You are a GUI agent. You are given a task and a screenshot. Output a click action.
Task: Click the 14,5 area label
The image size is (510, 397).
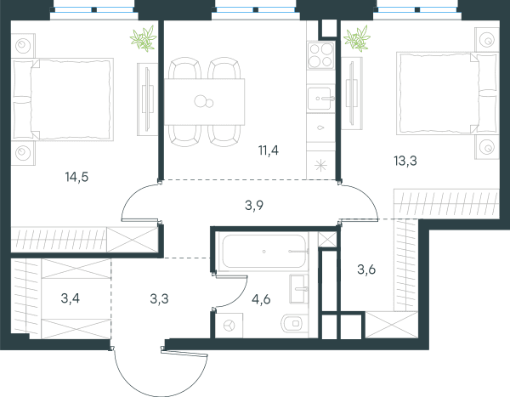pyautogui.click(x=76, y=178)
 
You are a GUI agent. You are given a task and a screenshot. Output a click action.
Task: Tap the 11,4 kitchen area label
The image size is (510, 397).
pyautogui.click(x=269, y=150)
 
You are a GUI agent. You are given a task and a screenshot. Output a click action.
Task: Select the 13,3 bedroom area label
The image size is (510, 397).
pyautogui.click(x=405, y=161)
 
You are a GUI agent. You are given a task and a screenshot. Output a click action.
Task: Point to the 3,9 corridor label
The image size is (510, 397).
pyautogui.click(x=254, y=206)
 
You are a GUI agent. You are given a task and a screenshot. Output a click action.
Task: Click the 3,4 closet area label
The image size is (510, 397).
pyautogui.click(x=71, y=298)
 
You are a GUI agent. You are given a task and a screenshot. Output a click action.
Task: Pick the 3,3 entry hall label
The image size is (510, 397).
pyautogui.click(x=160, y=298)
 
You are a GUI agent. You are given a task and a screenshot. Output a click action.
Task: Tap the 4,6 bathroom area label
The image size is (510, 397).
pyautogui.click(x=261, y=299)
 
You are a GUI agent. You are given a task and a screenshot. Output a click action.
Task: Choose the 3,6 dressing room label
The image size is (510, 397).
pyautogui.click(x=366, y=269)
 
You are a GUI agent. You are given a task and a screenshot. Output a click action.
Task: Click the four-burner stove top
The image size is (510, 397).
pyautogui.click(x=320, y=55)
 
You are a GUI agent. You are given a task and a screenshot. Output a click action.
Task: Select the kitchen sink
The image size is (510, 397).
pyautogui.click(x=320, y=99)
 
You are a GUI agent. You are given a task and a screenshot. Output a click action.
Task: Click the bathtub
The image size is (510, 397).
pyautogui.click(x=263, y=252)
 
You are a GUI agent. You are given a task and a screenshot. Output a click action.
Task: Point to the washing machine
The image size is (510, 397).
pyautogui.click(x=229, y=325)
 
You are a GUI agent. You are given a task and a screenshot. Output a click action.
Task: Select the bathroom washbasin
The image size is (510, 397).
pyautogui.click(x=299, y=289)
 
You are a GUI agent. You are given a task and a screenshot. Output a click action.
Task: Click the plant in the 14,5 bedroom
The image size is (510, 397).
pyautogui.click(x=144, y=39)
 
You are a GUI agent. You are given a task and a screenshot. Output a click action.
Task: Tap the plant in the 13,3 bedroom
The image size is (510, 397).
pyautogui.click(x=357, y=39)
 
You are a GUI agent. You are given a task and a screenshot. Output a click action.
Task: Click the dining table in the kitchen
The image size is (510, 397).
pyautogui.click(x=204, y=102)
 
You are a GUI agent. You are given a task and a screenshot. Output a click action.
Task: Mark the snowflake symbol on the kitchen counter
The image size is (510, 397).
pyautogui.click(x=321, y=166)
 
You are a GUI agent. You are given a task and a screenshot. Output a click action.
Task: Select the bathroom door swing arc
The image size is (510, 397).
pyautogui.click(x=239, y=297)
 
